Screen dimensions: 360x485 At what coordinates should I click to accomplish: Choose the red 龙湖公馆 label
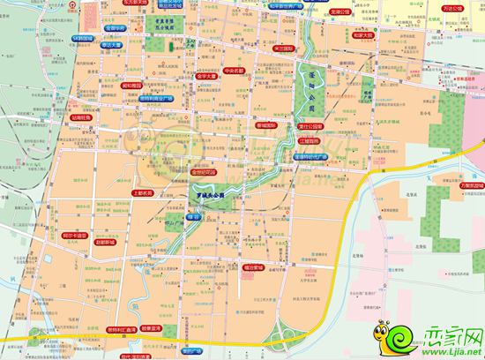point(340,13)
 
